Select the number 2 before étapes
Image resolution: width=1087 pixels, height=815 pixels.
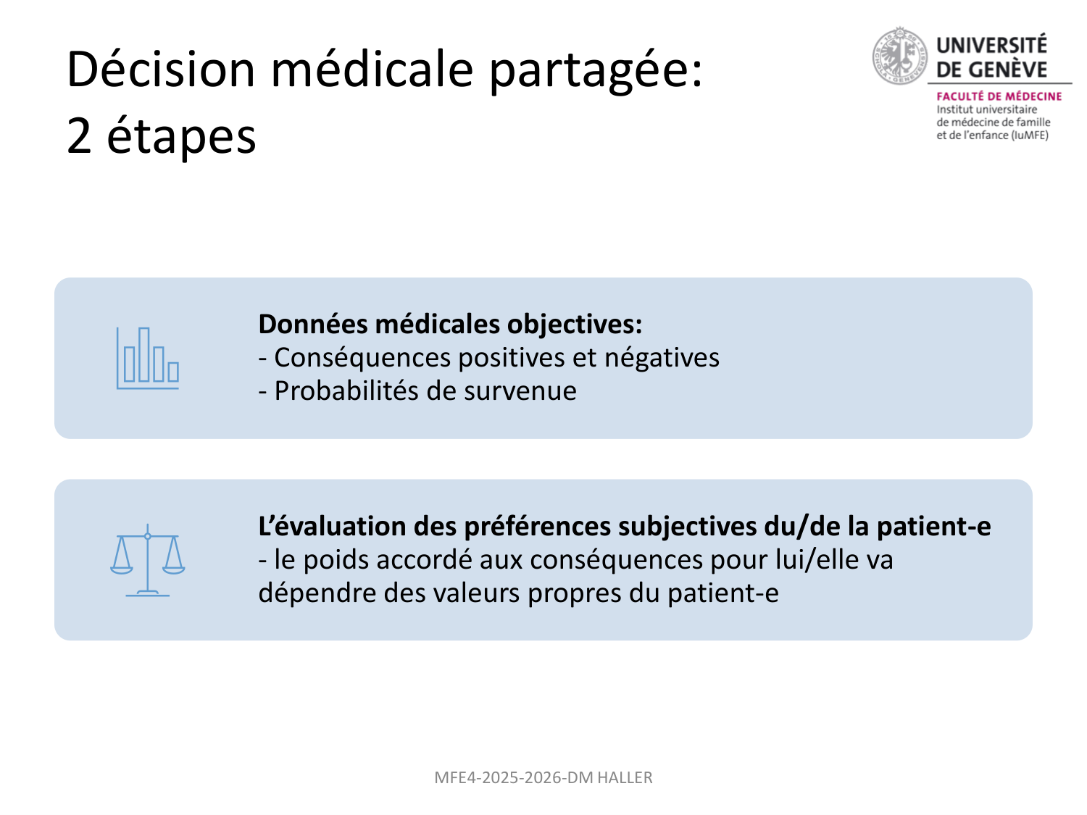[79, 136]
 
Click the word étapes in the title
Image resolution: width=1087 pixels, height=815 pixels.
[181, 136]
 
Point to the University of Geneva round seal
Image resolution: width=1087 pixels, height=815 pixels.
[899, 56]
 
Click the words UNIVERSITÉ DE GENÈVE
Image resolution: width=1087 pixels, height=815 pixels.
[991, 57]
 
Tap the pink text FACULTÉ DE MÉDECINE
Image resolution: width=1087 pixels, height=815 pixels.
[999, 96]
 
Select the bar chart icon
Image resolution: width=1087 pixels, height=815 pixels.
[148, 358]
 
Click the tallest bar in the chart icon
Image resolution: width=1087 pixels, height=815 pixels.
[144, 354]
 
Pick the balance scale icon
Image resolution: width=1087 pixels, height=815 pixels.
[148, 559]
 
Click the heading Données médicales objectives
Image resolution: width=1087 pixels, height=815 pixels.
[450, 324]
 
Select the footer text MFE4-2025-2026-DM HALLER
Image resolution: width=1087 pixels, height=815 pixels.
[543, 778]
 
